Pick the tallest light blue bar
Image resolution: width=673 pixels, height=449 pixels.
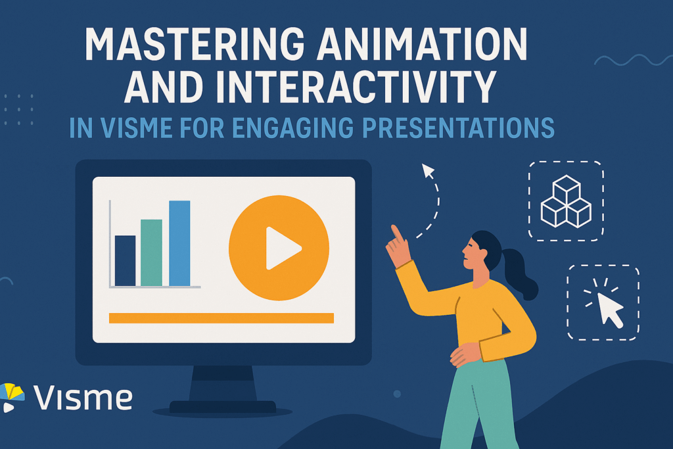(x=179, y=243)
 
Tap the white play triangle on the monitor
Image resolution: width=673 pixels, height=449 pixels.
(x=281, y=248)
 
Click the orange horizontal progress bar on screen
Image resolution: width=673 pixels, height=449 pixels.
(x=221, y=318)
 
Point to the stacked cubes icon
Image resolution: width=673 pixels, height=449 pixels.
(x=565, y=202)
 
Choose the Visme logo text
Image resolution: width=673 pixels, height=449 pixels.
(x=83, y=398)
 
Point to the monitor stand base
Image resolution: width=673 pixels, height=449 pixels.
(x=223, y=407)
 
